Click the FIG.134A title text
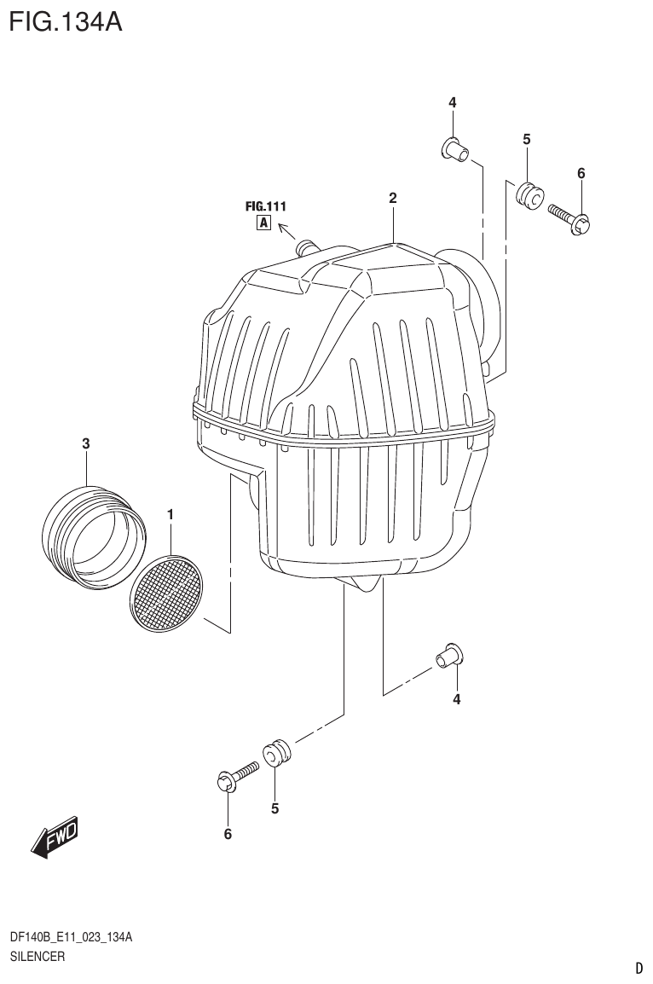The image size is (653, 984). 66,21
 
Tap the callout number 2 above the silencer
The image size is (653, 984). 393,198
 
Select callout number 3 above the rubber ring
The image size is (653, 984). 86,443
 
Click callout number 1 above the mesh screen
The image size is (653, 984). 170,514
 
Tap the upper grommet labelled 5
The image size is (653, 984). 529,195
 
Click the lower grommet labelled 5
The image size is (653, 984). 278,754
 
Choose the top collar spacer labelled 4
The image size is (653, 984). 454,150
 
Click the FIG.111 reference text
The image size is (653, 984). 265,206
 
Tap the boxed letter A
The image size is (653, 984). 263,224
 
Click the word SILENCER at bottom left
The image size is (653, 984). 37,957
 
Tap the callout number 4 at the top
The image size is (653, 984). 453,102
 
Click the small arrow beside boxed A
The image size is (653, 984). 286,229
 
